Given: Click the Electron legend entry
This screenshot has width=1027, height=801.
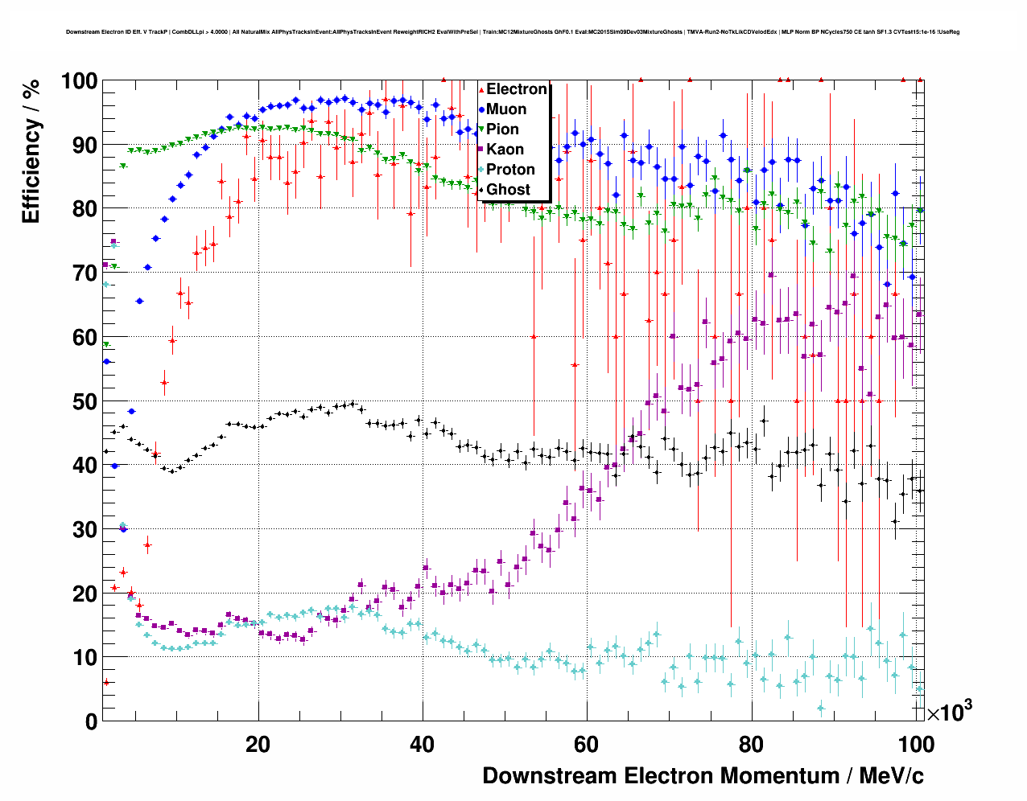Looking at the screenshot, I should [x=516, y=89].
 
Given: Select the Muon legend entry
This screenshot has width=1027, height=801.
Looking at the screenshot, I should [x=506, y=109].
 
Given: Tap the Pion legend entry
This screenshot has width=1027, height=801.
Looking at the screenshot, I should [x=502, y=129].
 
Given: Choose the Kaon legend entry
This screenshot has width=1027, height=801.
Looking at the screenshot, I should [x=505, y=150].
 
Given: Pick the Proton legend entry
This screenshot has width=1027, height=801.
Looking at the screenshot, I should [x=510, y=170].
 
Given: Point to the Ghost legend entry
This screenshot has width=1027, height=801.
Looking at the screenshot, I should [x=508, y=190].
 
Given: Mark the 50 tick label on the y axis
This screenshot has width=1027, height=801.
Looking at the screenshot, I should [x=85, y=401].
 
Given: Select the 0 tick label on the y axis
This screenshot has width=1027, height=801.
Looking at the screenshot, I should [x=91, y=721].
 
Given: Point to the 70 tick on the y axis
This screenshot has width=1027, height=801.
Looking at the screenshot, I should [x=85, y=273].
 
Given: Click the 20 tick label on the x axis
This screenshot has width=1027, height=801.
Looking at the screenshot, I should [x=258, y=744].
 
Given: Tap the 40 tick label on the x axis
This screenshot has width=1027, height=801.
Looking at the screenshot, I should [x=422, y=744].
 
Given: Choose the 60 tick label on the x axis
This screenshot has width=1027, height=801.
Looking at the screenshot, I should [x=586, y=744].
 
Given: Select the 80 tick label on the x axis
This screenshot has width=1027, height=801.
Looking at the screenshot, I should [x=750, y=744].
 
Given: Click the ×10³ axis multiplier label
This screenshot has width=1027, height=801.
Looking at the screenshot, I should [x=949, y=711].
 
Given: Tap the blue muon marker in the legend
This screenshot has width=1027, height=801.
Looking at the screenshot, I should [x=481, y=109].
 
